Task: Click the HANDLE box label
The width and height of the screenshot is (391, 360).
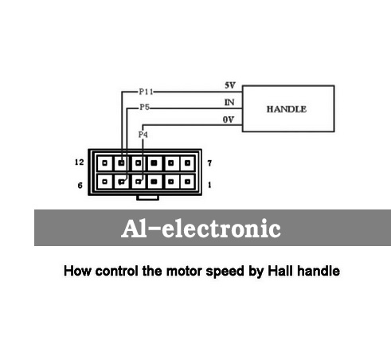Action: pos(287,109)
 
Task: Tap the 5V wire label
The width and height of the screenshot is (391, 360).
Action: pos(230,85)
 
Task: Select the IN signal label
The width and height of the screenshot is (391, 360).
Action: pos(229,102)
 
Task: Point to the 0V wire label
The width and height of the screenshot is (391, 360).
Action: pos(229,119)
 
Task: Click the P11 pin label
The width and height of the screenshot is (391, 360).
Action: pos(147,92)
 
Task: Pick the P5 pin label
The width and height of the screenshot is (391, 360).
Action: pos(145,108)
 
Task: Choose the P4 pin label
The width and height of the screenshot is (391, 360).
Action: pos(143,135)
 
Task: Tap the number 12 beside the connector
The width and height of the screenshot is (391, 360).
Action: pos(79,162)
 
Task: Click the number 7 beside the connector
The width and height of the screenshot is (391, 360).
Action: pos(209,163)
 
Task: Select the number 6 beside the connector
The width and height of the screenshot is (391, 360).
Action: pos(80,186)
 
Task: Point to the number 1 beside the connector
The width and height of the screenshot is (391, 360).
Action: pos(209,185)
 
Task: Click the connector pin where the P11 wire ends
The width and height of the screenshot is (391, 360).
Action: pos(121,162)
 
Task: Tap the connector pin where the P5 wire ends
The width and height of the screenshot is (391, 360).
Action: pos(121,182)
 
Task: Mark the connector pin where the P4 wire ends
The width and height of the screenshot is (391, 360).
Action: pos(138,182)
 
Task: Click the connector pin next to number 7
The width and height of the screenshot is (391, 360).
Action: pos(187,162)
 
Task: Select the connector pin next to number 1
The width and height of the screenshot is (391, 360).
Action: pos(187,182)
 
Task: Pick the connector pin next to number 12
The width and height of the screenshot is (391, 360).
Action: pos(104,162)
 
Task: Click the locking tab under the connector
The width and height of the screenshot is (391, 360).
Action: pos(147,198)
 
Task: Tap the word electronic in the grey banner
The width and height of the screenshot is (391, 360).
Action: pos(221,229)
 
